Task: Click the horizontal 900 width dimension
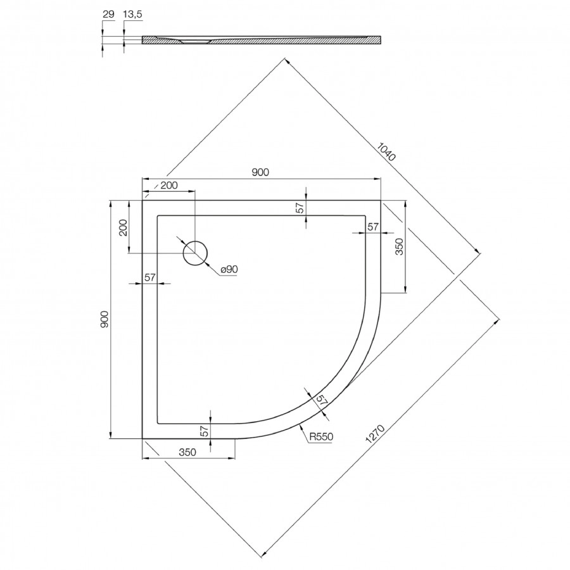[261, 172]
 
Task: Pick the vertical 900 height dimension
[105, 319]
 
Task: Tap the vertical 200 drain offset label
[123, 226]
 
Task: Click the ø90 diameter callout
[229, 270]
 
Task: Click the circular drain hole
[195, 253]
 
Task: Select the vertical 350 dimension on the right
[399, 246]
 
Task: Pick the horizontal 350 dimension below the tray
[186, 452]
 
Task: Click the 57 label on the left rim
[149, 277]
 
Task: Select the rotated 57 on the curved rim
[321, 400]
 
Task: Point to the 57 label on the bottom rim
[205, 431]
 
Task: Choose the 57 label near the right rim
[373, 226]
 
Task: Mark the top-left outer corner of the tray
[142, 201]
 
